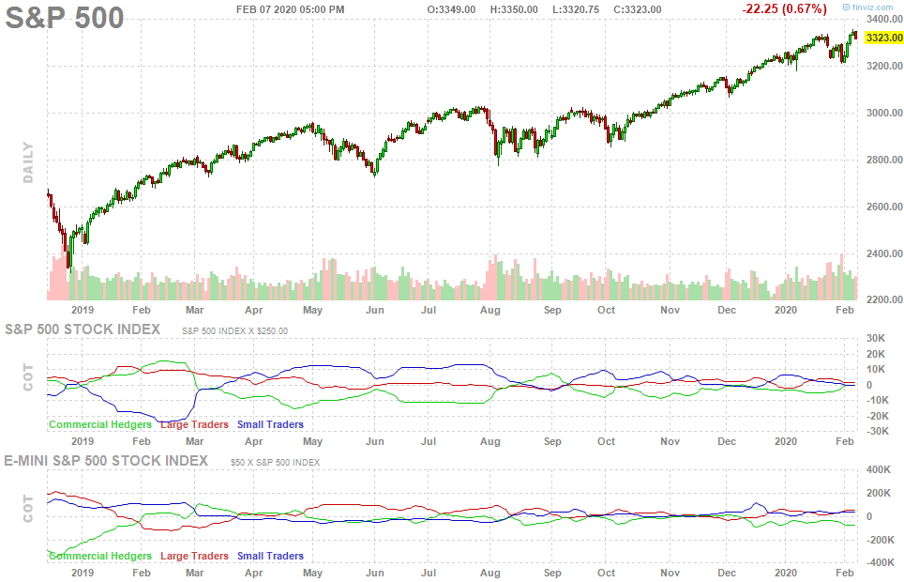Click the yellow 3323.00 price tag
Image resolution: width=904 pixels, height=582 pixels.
click(883, 38)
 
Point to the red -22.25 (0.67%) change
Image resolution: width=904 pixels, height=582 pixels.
click(784, 9)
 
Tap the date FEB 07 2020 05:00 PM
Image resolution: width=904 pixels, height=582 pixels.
click(290, 9)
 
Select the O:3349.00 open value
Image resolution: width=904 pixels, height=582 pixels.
click(452, 9)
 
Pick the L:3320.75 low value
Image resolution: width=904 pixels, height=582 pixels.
click(576, 9)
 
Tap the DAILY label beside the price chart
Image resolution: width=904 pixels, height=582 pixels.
click(28, 162)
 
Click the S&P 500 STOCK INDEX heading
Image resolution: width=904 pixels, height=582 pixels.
click(83, 329)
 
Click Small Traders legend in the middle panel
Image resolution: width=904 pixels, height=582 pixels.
click(270, 425)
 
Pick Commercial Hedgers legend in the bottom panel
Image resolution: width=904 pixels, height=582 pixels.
click(99, 557)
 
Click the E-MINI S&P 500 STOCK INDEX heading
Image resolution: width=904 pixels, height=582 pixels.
click(106, 461)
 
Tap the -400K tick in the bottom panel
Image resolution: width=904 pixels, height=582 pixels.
click(879, 563)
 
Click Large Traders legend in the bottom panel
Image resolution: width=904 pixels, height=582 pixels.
click(194, 557)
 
